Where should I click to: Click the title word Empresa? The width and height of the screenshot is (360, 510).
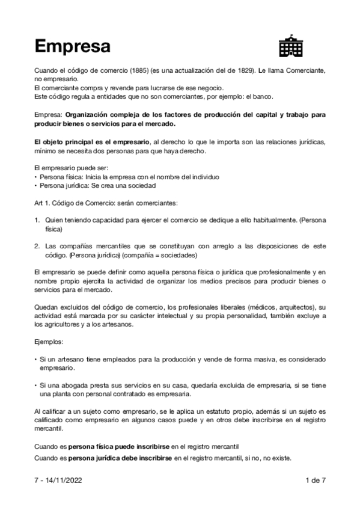pos(72,46)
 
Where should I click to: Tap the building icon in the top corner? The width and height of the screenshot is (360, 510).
pos(291,45)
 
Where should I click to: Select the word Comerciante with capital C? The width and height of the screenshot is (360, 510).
pos(303,71)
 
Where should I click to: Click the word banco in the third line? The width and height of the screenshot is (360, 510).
pos(263,96)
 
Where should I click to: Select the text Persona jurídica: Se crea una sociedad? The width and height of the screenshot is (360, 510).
pos(99,186)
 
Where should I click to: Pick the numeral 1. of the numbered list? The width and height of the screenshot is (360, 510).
pos(37,221)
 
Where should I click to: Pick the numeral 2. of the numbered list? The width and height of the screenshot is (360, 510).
pos(37,246)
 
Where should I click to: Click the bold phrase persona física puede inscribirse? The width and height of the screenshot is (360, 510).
pos(120,447)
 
